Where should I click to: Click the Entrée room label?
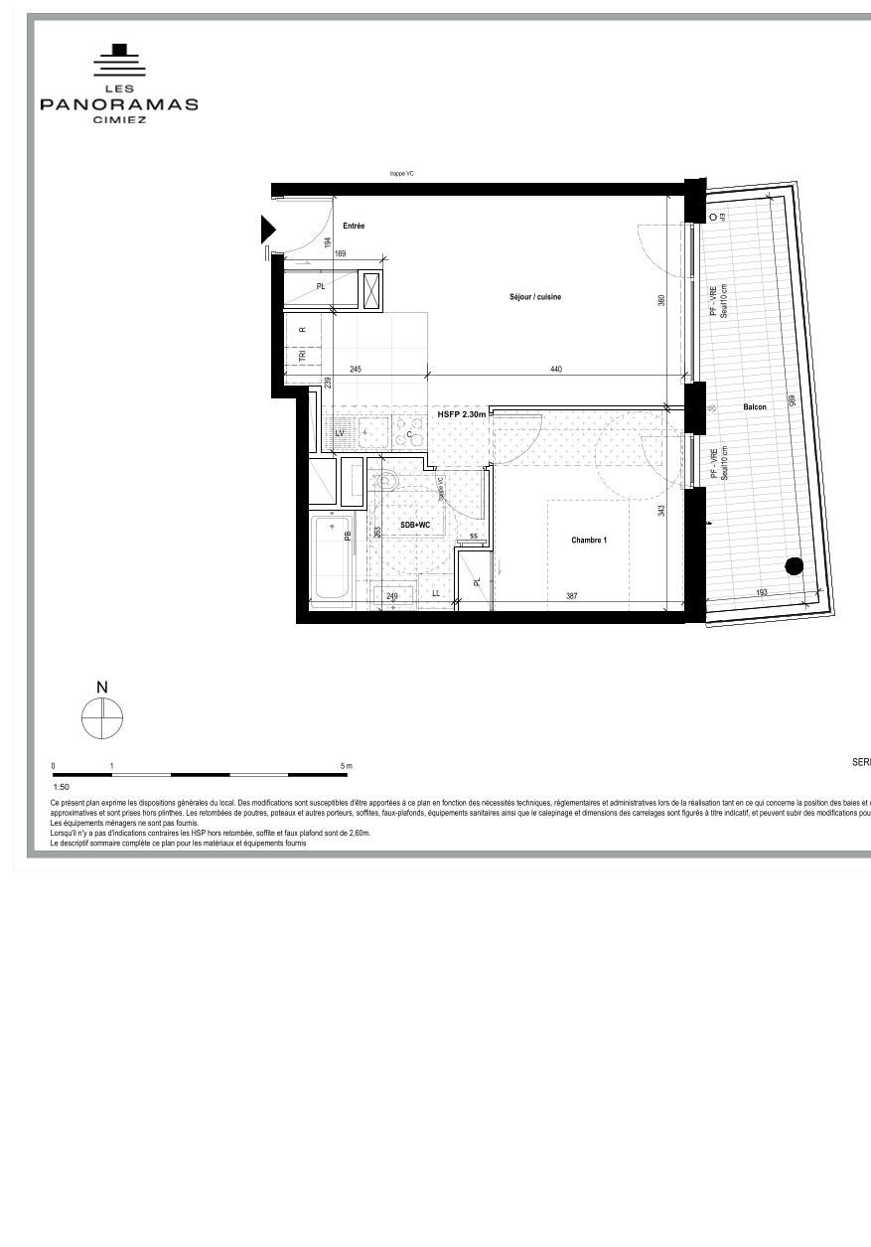pyautogui.click(x=354, y=227)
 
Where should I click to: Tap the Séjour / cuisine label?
pyautogui.click(x=535, y=297)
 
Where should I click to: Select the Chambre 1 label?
pyautogui.click(x=588, y=541)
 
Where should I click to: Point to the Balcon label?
pyautogui.click(x=755, y=407)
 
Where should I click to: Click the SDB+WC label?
pyautogui.click(x=415, y=525)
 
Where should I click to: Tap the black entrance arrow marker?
pyautogui.click(x=267, y=230)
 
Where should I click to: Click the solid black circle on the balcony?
pyautogui.click(x=794, y=566)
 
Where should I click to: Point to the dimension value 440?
pyautogui.click(x=556, y=370)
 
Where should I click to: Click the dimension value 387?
pyautogui.click(x=572, y=596)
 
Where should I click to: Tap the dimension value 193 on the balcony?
pyautogui.click(x=762, y=593)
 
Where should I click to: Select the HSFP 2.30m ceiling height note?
pyautogui.click(x=462, y=413)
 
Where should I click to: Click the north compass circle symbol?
pyautogui.click(x=102, y=718)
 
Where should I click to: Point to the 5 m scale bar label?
pyautogui.click(x=347, y=766)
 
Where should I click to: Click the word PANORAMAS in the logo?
pyautogui.click(x=119, y=104)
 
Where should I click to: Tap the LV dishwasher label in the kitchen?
pyautogui.click(x=340, y=433)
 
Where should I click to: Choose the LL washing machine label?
pyautogui.click(x=436, y=594)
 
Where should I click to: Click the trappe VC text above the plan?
pyautogui.click(x=401, y=174)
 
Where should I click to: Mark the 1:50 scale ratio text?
pyautogui.click(x=61, y=786)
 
